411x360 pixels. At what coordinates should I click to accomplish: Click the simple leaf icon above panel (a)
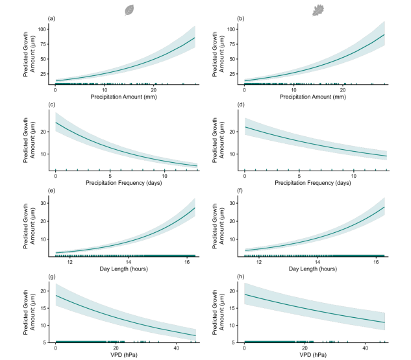click(130, 9)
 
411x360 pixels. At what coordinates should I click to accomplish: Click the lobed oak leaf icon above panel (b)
click(318, 9)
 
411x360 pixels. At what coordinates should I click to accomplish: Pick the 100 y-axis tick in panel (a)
click(40, 30)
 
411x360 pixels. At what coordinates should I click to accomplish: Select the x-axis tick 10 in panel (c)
click(164, 175)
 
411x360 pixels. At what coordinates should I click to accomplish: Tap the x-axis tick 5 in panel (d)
click(299, 175)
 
